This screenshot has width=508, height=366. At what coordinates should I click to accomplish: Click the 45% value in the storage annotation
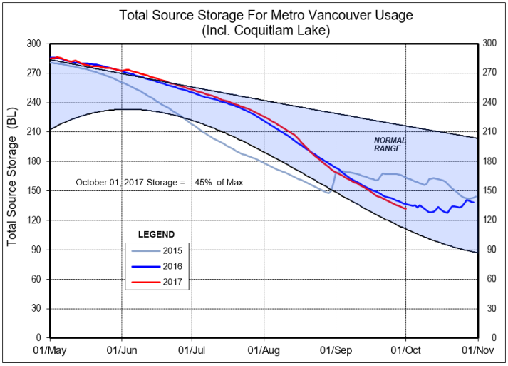(x=203, y=183)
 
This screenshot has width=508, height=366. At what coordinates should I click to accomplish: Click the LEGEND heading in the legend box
(x=155, y=234)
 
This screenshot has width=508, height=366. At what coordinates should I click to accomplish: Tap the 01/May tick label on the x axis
(x=50, y=350)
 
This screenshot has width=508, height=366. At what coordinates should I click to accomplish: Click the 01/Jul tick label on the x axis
(x=192, y=350)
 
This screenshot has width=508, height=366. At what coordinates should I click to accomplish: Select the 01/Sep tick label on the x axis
(x=335, y=350)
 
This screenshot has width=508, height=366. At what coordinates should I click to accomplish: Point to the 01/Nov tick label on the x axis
(x=476, y=350)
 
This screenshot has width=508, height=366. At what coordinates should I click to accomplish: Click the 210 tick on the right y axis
(x=490, y=131)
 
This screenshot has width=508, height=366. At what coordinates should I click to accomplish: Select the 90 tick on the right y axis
(x=488, y=249)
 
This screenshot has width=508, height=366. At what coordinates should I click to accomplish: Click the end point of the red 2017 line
(x=405, y=208)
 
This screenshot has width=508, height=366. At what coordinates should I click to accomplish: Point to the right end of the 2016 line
(x=474, y=203)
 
